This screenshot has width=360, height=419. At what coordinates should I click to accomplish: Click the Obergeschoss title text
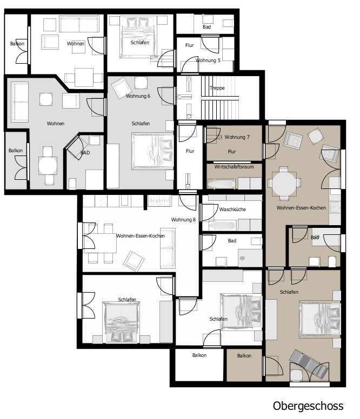[x=308, y=406]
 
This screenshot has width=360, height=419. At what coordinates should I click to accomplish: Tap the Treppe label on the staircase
[x=217, y=88]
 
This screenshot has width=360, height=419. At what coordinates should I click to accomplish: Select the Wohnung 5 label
[x=208, y=60]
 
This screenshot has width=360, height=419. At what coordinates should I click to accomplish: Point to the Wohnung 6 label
[x=138, y=96]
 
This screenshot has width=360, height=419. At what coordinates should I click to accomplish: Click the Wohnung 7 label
[x=237, y=137]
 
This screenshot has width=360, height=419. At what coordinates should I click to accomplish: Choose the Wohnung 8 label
[x=183, y=220]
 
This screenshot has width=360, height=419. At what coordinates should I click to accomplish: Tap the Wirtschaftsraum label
[x=234, y=167]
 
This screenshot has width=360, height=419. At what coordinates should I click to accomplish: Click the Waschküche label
[x=232, y=209]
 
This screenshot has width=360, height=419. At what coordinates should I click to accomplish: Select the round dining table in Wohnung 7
[x=284, y=183]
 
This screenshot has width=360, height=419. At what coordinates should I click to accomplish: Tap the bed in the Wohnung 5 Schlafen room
[x=138, y=37]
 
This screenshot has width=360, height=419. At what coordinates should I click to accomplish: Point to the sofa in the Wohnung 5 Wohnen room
[x=79, y=24]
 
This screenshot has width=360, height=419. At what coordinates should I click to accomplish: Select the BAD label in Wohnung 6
[x=85, y=153]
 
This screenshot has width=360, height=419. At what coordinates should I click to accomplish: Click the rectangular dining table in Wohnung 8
[x=101, y=243]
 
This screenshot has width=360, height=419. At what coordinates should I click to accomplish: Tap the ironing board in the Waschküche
[x=222, y=226]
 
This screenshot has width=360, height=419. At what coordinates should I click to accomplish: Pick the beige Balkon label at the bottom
[x=244, y=356]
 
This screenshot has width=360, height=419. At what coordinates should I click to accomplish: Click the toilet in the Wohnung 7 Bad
[x=332, y=262]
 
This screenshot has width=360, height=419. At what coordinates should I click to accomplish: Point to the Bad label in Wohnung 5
[x=206, y=27]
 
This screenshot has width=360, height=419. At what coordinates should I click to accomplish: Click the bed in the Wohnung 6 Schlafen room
[x=152, y=151]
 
